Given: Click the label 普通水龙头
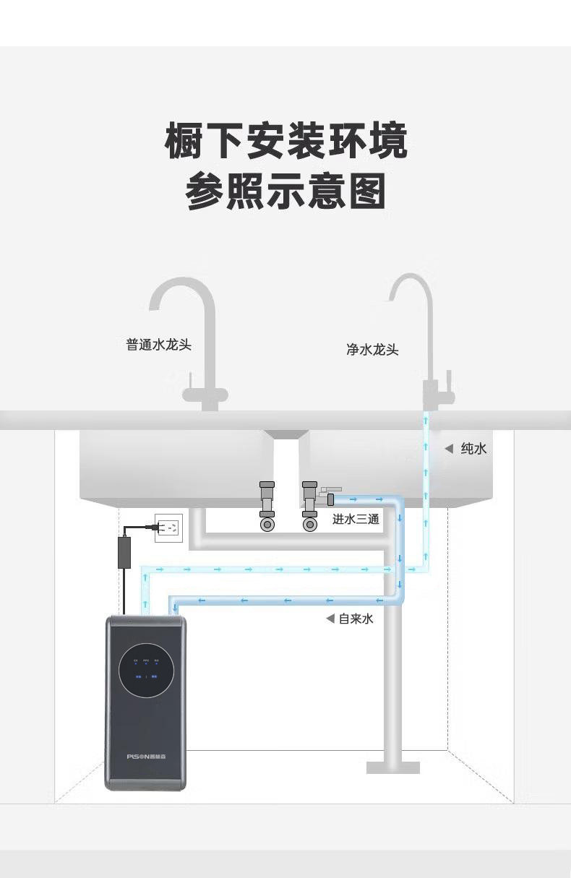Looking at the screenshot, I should tap(159, 345).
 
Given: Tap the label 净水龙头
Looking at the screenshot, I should tap(372, 350).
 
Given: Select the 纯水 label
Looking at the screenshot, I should tap(473, 449).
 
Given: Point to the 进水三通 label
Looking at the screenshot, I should tap(356, 519).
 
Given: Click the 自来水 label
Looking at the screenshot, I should tap(356, 619).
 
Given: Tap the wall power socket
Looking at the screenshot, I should tap(168, 528).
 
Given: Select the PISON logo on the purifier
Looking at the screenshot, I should tap(146, 756).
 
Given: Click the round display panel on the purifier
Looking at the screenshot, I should tap(146, 669).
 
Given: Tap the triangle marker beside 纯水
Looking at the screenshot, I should tap(449, 449).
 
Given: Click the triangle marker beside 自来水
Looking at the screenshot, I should tap(330, 619).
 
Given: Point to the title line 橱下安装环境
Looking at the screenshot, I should tap(286, 142).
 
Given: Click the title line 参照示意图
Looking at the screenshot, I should tap(286, 191).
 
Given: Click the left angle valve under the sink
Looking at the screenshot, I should tap(267, 507).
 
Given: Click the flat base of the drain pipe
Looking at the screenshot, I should tap(392, 767).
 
